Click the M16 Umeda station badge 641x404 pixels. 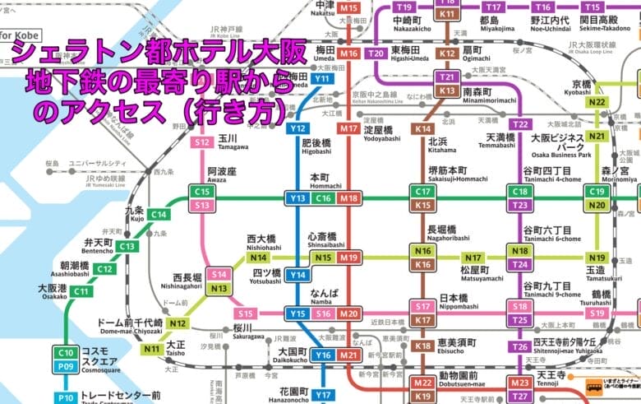coord(349,53)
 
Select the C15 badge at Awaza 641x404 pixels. coord(201,192)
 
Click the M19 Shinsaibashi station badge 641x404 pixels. coord(349,258)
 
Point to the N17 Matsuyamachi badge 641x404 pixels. coord(473,258)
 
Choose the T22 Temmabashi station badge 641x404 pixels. coord(519,124)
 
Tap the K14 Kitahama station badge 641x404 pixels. coord(423,129)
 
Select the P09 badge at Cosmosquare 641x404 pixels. coord(66,366)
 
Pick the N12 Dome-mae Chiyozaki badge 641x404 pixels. coord(178,323)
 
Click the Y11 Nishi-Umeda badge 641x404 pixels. coord(323,79)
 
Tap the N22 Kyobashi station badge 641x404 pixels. coord(597,102)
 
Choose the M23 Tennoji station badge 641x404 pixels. coord(519,383)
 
